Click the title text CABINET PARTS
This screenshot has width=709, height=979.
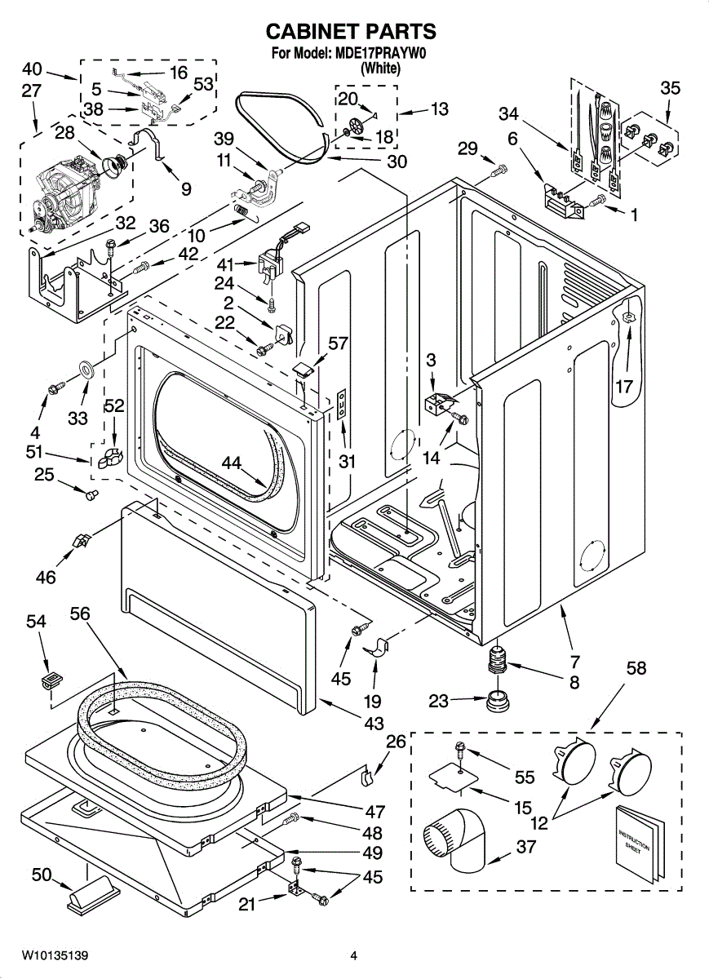[x=351, y=32]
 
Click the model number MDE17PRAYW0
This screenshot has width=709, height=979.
[x=380, y=55]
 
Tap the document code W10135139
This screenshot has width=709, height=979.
[x=55, y=955]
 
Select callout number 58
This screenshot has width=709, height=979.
[x=636, y=668]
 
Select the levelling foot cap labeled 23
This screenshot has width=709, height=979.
[x=494, y=701]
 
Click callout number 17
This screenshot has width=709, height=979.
[x=624, y=387]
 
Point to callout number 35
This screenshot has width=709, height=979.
[x=670, y=87]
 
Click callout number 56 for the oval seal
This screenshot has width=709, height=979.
[x=79, y=614]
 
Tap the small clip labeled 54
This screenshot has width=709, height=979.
[x=52, y=677]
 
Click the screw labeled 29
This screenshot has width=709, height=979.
[x=499, y=170]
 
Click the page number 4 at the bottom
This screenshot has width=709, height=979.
[x=354, y=955]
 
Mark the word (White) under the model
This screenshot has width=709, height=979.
[x=380, y=69]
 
